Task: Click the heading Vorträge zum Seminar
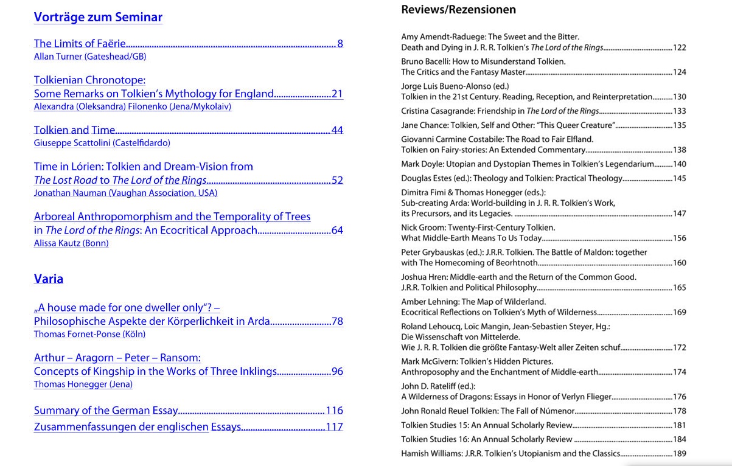[98, 17]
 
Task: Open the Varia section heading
[49, 279]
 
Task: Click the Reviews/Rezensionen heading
[458, 10]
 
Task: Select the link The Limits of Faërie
[80, 43]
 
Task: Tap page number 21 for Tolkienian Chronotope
[337, 94]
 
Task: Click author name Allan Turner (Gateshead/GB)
[89, 57]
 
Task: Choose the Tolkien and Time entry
[74, 130]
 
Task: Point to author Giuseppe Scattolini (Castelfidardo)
[102, 143]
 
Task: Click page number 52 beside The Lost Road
[337, 180]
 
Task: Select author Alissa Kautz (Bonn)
[71, 243]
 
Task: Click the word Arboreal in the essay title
[54, 217]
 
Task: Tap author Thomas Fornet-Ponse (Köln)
[89, 334]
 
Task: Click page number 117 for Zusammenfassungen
[335, 427]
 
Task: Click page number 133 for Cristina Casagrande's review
[679, 111]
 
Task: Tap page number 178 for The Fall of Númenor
[679, 412]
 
